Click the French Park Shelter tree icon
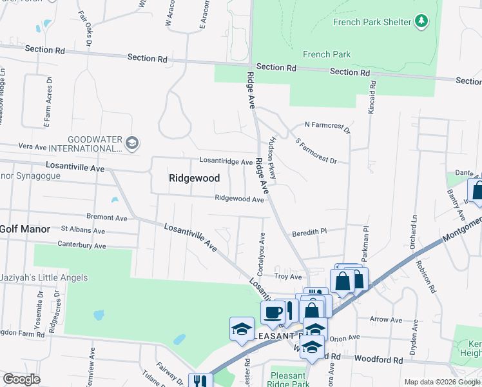(x=421, y=22)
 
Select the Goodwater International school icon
(x=132, y=143)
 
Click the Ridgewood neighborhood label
(x=194, y=178)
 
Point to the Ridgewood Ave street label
(x=240, y=199)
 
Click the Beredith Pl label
(x=310, y=231)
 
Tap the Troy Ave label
(x=288, y=277)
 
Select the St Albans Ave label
(x=82, y=230)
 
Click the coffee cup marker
(x=273, y=312)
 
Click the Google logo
(x=21, y=379)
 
